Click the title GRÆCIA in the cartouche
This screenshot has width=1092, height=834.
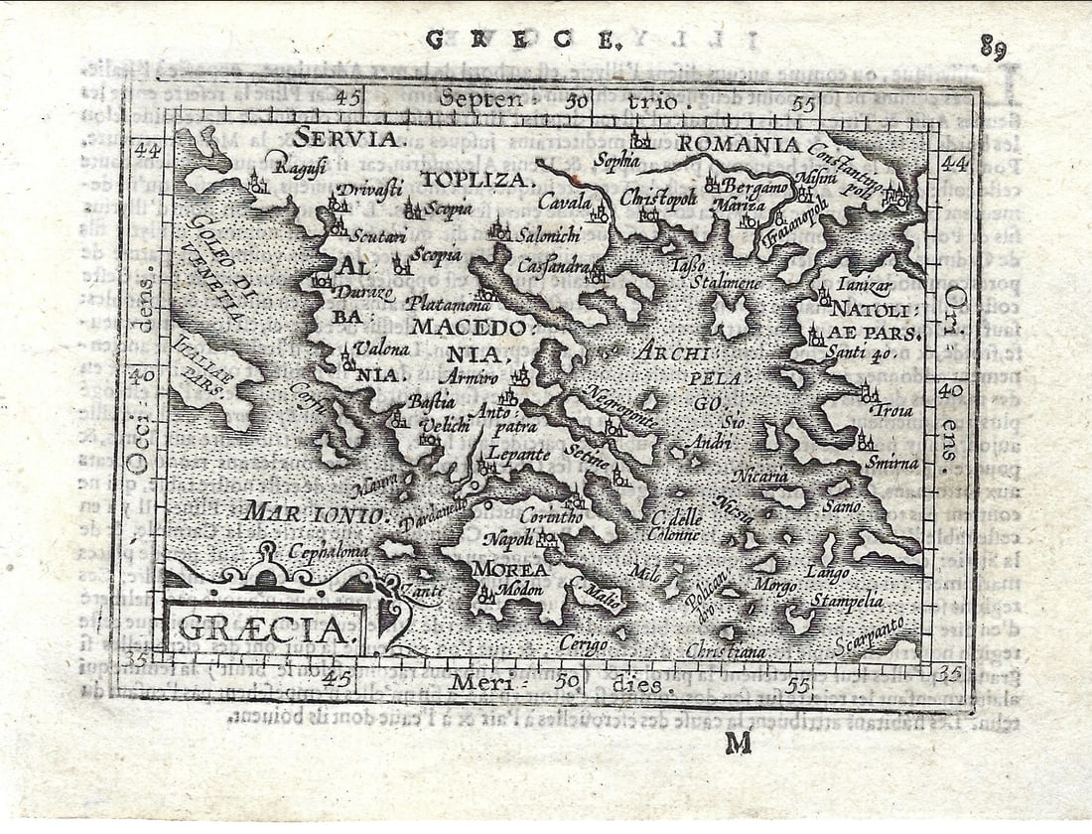[264, 627]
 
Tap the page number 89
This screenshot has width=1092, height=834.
[994, 47]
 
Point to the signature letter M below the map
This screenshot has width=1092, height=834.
[738, 742]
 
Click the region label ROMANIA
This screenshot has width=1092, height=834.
[740, 145]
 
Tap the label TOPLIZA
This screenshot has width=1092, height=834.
[477, 179]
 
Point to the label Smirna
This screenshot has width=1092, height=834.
[891, 463]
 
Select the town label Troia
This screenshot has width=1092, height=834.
[889, 410]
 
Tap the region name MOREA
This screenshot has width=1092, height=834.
[508, 570]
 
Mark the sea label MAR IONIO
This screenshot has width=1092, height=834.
[314, 513]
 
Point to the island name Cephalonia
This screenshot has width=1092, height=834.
[328, 551]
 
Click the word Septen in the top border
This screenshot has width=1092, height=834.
[480, 99]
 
